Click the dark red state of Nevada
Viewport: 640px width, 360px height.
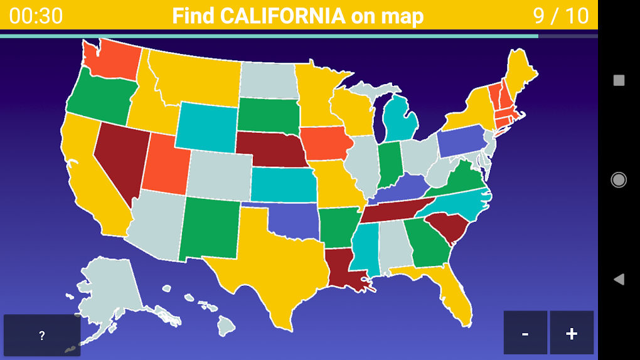[x=119, y=157]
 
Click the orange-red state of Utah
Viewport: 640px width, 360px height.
[x=164, y=164]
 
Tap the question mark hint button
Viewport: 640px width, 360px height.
[x=42, y=336]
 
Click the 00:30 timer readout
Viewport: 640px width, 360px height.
[x=36, y=16]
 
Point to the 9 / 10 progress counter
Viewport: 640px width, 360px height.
[x=561, y=16]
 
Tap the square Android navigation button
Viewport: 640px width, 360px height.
[x=619, y=80]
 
